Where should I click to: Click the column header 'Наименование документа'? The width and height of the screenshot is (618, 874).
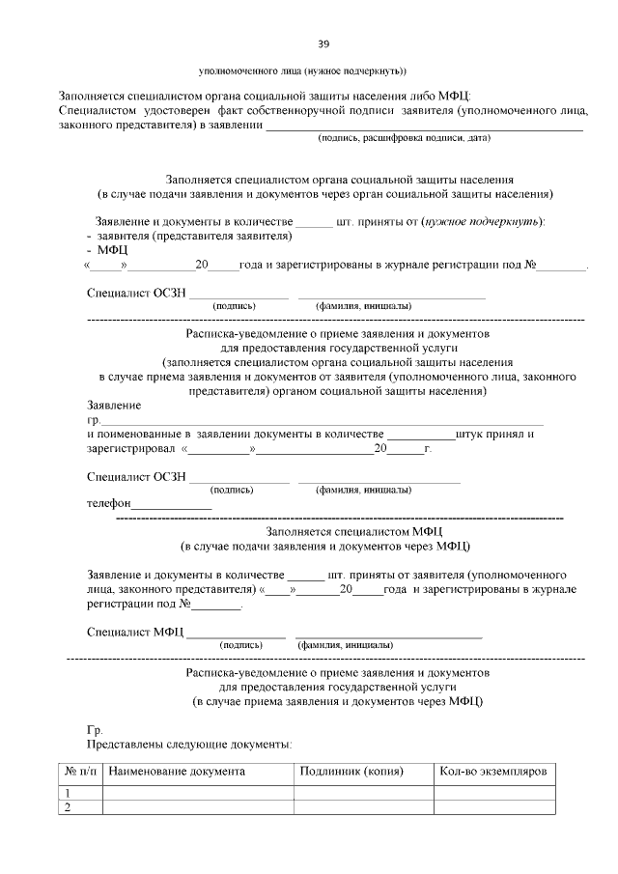[x=177, y=772]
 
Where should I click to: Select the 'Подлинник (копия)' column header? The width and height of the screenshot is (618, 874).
[x=351, y=772]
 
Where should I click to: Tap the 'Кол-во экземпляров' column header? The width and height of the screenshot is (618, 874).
[x=492, y=772]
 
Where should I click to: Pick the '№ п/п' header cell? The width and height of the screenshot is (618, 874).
[x=81, y=772]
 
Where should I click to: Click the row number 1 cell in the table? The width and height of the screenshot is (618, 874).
[x=69, y=792]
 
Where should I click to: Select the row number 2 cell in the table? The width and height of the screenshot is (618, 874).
[x=69, y=807]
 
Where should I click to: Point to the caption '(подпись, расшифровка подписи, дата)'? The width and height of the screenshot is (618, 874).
[x=405, y=138]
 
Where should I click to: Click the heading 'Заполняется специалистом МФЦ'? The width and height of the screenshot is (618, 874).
[x=352, y=530]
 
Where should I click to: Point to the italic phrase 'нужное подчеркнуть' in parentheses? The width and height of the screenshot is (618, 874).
[x=481, y=221]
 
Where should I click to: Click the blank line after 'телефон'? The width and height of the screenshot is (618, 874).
[x=171, y=506]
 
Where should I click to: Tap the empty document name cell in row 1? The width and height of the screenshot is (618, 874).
[x=198, y=792]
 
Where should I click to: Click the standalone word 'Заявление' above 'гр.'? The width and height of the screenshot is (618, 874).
[x=114, y=405]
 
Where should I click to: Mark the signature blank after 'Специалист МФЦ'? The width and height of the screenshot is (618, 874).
[x=236, y=634]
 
